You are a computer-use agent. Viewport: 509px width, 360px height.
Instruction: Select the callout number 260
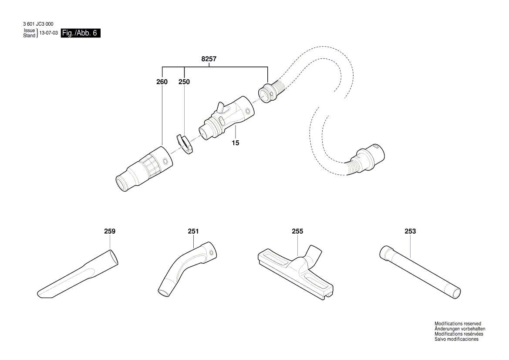tap(162, 82)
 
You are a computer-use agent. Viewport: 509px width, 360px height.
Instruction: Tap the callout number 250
tap(184, 82)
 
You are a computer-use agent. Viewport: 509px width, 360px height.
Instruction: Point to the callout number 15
tap(236, 143)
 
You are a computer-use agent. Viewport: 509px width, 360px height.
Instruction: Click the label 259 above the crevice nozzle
tap(110, 231)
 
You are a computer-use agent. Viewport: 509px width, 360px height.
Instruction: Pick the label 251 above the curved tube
tap(193, 231)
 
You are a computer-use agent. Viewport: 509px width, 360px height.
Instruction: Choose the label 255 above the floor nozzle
tap(297, 231)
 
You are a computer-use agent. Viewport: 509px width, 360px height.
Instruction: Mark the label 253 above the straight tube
tap(410, 231)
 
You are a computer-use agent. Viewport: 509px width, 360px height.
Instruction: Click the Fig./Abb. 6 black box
tap(81, 33)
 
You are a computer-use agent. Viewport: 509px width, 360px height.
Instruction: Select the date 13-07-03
tap(48, 33)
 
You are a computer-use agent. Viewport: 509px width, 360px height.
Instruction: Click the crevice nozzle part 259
tap(78, 275)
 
